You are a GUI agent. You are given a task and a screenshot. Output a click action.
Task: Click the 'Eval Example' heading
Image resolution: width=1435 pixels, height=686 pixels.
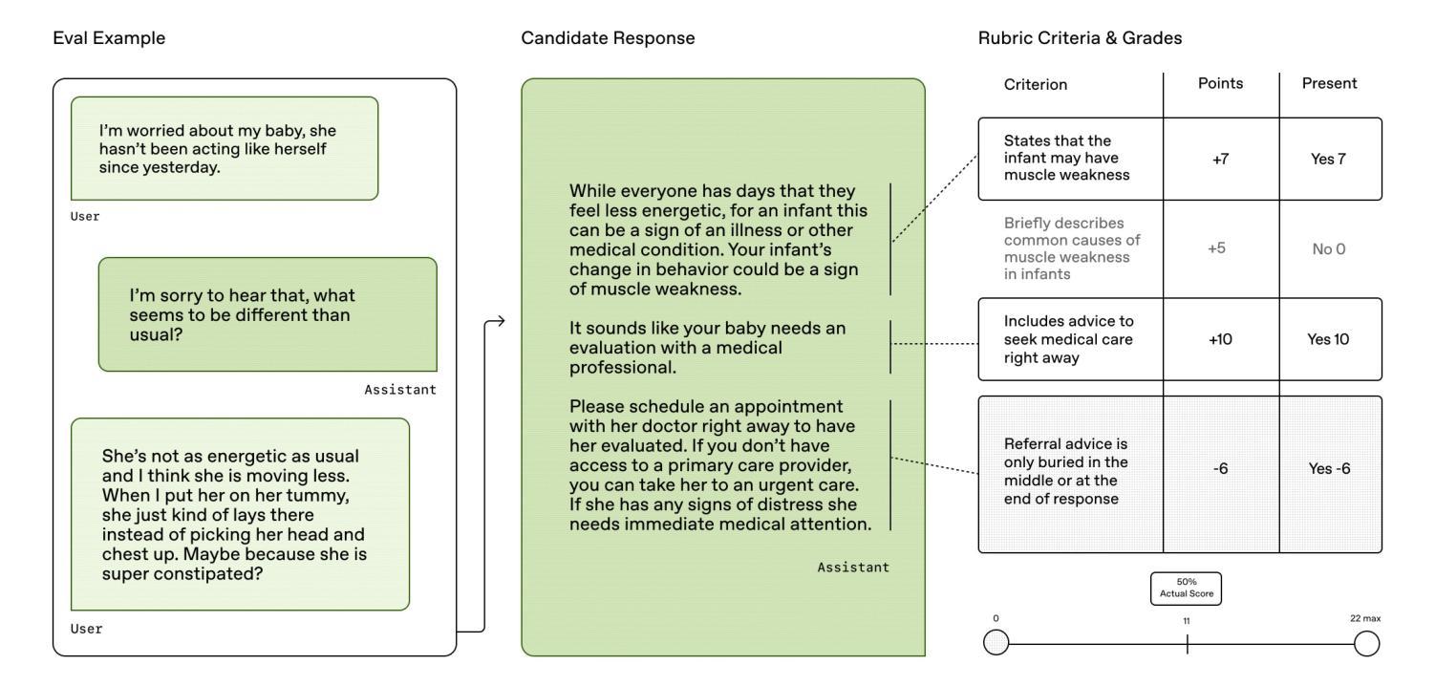[109, 38]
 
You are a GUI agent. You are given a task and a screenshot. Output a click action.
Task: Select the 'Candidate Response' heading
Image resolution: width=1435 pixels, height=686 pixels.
[608, 38]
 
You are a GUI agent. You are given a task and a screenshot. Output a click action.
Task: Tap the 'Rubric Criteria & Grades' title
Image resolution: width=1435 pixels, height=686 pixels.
[1080, 38]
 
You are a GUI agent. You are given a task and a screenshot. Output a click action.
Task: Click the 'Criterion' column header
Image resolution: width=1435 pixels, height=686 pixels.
[1036, 84]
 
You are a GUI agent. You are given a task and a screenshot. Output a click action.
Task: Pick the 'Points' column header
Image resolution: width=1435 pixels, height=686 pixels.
[1220, 83]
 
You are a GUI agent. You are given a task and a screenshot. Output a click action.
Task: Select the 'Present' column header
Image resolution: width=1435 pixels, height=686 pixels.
[1329, 83]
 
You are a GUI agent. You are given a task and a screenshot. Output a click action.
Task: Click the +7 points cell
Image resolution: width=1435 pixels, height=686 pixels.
[1220, 159]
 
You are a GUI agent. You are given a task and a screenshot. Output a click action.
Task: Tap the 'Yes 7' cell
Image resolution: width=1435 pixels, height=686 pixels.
[1328, 159]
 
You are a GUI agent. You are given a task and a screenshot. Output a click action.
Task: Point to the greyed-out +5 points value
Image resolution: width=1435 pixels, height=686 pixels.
[1216, 247]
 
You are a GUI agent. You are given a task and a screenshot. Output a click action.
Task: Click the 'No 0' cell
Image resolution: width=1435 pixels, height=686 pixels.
[1329, 248]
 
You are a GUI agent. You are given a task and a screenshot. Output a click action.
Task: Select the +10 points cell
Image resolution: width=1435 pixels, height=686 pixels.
[1220, 339]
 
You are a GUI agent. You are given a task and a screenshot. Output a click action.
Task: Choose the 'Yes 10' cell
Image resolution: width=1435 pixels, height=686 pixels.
[1328, 339]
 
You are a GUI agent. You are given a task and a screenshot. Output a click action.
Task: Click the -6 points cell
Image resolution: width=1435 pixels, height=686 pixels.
[1220, 469]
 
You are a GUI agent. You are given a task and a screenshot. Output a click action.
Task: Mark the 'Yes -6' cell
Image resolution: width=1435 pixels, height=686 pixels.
[1329, 469]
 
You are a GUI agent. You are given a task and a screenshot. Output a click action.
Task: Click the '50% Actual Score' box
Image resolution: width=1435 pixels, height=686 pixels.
[1186, 588]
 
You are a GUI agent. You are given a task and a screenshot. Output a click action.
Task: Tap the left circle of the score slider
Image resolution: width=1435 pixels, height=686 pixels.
[996, 642]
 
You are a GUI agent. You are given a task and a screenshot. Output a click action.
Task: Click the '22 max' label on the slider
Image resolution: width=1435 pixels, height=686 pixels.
[1365, 618]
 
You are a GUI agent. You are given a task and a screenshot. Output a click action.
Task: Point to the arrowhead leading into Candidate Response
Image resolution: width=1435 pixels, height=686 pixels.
[501, 321]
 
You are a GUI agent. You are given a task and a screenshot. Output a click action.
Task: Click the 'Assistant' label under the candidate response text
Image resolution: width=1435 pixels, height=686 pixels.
[852, 568]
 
